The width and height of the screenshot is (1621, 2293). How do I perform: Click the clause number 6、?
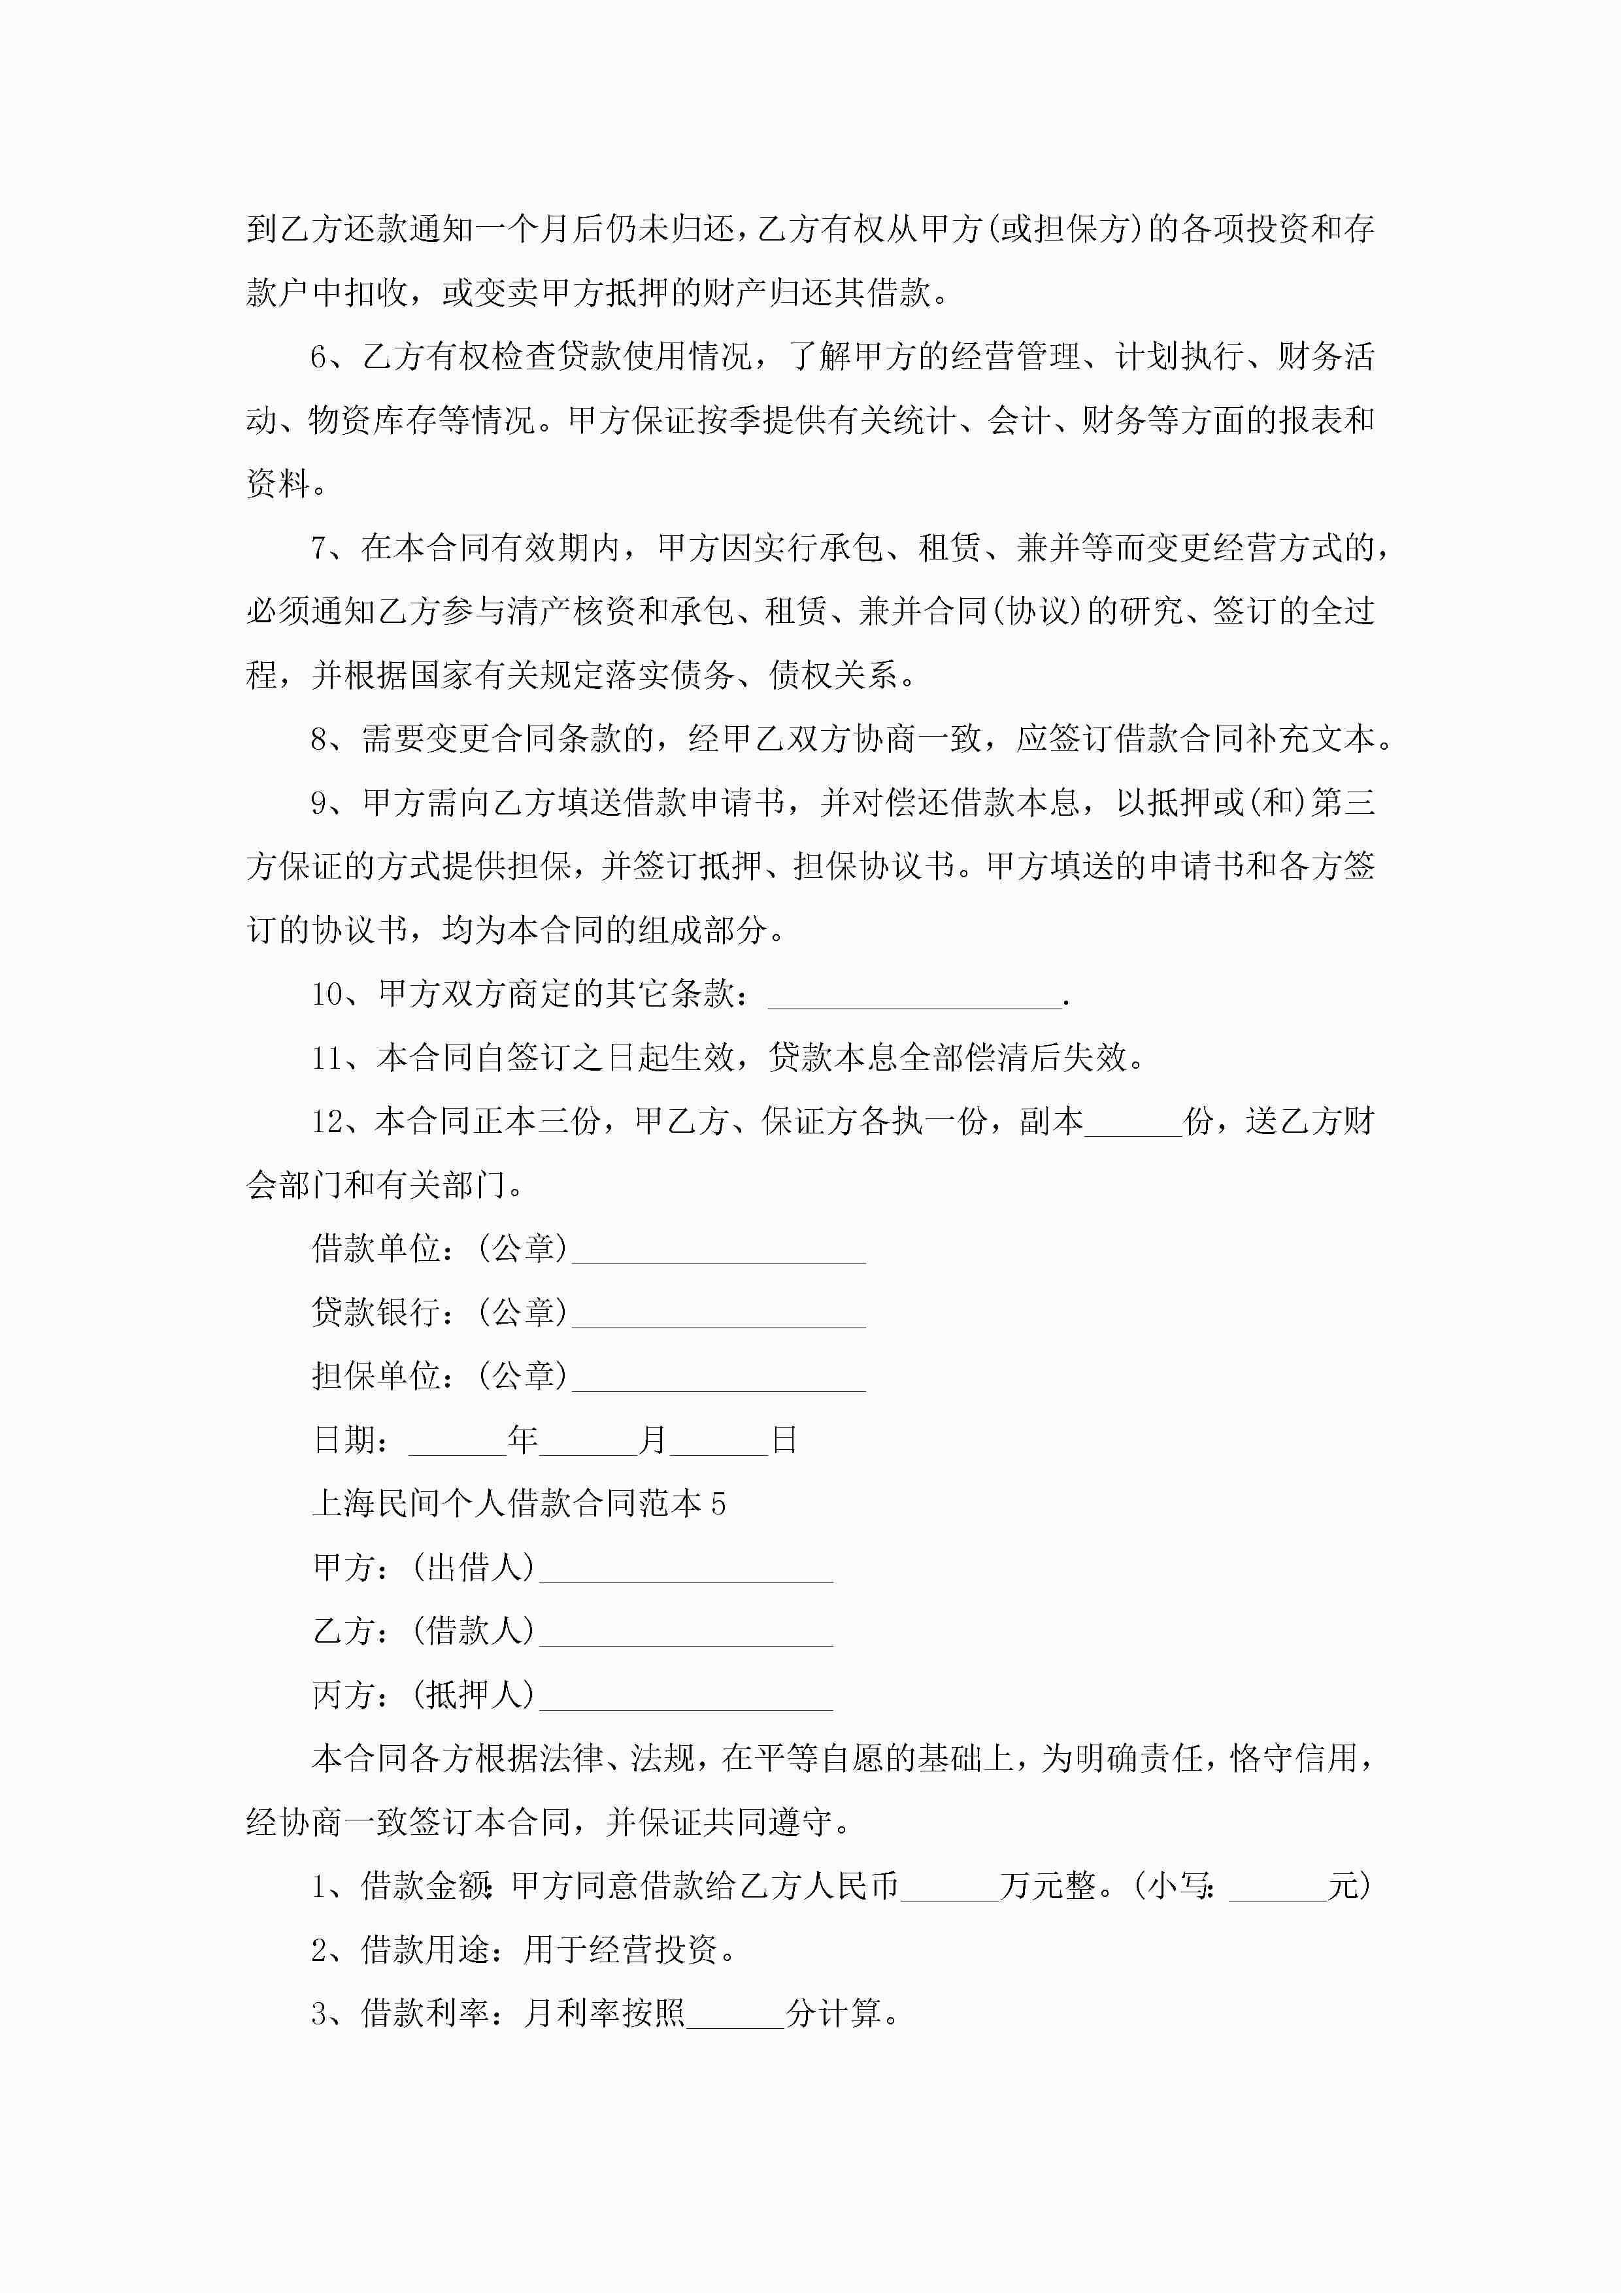point(333,356)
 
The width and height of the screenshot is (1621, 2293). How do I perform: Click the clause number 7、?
point(333,548)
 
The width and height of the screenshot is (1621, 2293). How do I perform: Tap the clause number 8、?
point(333,740)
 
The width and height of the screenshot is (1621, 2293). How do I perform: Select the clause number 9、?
point(333,803)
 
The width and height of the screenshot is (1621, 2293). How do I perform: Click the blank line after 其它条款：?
point(914,997)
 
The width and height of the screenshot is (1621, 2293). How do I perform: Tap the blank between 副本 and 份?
point(1133,1124)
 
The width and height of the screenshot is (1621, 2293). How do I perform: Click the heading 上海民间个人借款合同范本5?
point(518,1504)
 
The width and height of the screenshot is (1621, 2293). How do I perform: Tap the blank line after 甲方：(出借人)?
point(685,1571)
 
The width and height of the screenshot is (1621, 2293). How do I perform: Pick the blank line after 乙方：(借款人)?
point(685,1635)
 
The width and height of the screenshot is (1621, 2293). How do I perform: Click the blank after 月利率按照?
point(735,2017)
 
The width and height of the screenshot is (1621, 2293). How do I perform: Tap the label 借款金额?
point(426,1886)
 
